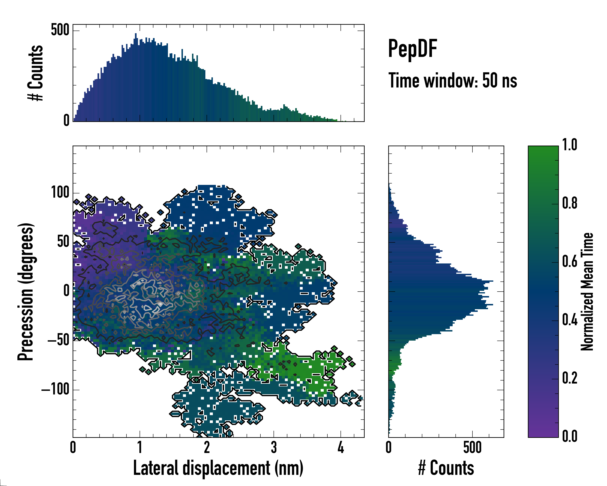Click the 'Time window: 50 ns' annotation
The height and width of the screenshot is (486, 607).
click(x=452, y=81)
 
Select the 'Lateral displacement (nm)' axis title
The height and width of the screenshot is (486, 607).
click(x=218, y=468)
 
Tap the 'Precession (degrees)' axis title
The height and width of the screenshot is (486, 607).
click(x=26, y=292)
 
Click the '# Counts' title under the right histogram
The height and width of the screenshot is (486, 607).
click(x=446, y=468)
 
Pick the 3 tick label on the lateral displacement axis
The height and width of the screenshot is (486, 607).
click(x=274, y=447)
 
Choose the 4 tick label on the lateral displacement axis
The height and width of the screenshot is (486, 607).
click(x=341, y=447)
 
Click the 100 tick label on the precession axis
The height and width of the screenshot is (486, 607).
click(x=60, y=193)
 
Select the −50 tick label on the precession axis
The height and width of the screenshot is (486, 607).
click(x=58, y=340)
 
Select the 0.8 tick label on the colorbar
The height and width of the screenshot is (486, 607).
click(x=570, y=204)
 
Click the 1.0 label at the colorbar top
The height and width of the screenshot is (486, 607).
click(x=570, y=145)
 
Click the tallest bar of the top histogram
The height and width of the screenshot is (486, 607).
click(x=136, y=78)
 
